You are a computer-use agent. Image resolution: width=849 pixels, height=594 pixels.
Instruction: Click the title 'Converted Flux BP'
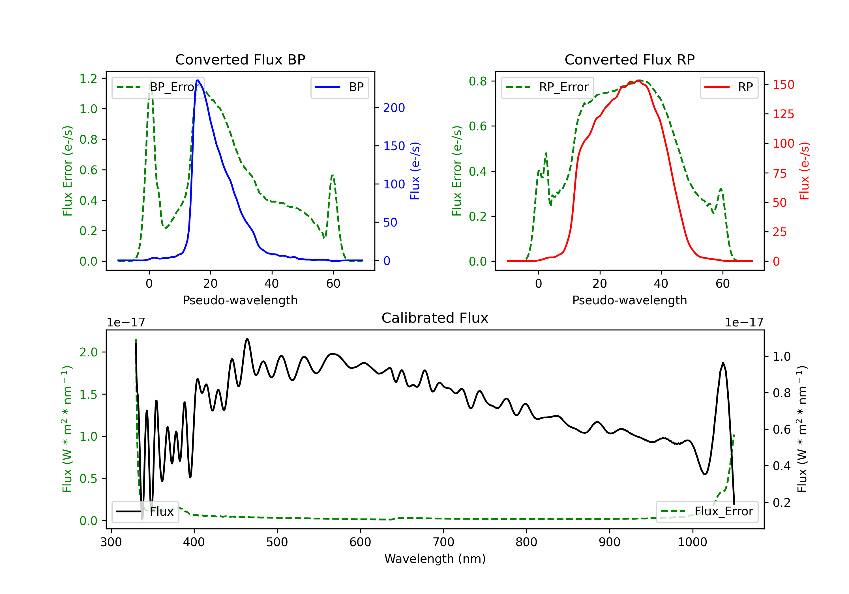click(240, 59)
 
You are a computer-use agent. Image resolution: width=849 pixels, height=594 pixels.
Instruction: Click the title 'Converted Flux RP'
click(630, 59)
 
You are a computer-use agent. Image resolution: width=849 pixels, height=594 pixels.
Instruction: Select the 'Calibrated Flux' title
click(435, 318)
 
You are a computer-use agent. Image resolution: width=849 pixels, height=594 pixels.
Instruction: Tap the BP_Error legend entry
click(158, 87)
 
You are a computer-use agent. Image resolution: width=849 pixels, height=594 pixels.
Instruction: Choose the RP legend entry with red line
click(729, 87)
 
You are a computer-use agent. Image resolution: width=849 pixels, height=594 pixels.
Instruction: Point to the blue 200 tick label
click(394, 108)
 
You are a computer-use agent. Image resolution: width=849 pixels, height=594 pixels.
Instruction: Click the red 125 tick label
click(784, 114)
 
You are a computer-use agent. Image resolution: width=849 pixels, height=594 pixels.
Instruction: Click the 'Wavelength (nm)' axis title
click(435, 559)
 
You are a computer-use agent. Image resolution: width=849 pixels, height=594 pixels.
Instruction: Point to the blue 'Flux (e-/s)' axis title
click(415, 171)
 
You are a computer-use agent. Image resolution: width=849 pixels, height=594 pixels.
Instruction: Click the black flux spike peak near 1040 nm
click(723, 363)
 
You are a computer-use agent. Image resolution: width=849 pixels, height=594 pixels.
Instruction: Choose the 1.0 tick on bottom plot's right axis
click(782, 357)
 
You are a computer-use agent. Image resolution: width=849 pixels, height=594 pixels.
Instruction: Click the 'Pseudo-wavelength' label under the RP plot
click(630, 300)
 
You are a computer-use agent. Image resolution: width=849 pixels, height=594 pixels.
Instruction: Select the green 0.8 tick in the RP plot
click(478, 81)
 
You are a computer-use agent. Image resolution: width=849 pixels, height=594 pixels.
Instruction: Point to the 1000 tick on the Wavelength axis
click(693, 542)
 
